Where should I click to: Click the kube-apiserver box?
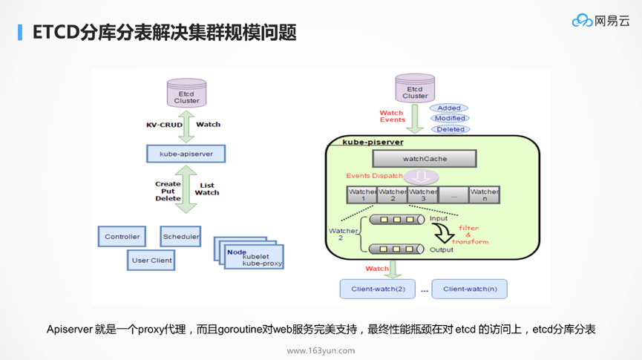tap(186, 154)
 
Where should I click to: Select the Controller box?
tap(122, 237)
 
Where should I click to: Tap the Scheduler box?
tap(181, 237)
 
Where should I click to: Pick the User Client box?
tap(151, 261)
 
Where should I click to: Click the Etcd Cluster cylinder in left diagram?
tap(186, 94)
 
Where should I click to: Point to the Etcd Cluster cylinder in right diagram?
tap(415, 88)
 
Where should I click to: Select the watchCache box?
tap(425, 159)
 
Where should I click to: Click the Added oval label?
tap(449, 108)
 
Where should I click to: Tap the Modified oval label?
tap(450, 118)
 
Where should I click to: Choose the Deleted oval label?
tap(450, 129)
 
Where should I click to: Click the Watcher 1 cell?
tap(362, 195)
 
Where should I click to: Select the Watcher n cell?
tap(484, 195)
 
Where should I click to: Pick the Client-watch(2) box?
tap(378, 289)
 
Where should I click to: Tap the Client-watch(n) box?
tap(470, 289)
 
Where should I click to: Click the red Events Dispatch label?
tap(374, 176)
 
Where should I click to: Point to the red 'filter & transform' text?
tap(473, 235)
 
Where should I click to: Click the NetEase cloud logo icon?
tap(582, 21)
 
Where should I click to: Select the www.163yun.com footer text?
tap(321, 350)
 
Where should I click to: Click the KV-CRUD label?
tap(164, 125)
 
